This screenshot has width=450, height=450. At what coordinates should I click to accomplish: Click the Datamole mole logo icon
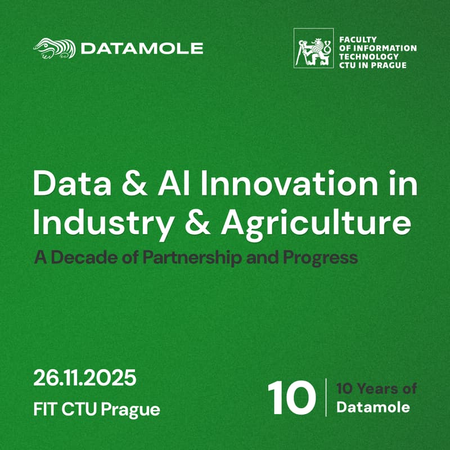tap(55, 48)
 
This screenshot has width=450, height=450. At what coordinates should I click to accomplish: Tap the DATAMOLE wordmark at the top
tap(142, 48)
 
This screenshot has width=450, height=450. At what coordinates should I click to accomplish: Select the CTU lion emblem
tap(313, 48)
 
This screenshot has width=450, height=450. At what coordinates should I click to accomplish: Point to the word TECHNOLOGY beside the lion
tap(369, 57)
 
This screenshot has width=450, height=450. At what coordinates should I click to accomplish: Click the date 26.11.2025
tap(85, 378)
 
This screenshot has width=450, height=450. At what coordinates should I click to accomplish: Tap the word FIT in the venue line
tap(46, 409)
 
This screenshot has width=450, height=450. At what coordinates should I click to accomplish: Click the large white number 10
tap(291, 398)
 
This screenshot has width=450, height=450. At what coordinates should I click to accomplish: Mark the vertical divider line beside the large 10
tap(326, 398)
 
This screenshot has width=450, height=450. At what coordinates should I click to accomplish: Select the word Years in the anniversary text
tap(376, 389)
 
